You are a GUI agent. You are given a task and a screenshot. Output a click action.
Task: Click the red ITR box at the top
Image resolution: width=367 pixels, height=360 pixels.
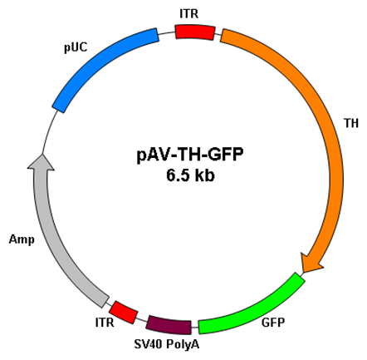pyautogui.click(x=195, y=32)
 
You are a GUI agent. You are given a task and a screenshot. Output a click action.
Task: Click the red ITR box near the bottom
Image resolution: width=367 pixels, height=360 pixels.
pyautogui.click(x=124, y=313)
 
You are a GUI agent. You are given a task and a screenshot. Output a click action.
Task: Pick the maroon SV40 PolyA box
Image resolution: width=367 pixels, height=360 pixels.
pyautogui.click(x=169, y=324)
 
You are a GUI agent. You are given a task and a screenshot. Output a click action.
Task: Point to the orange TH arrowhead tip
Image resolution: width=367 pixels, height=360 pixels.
pyautogui.click(x=303, y=273)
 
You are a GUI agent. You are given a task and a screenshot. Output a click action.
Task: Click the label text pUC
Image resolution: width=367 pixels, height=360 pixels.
pyautogui.click(x=76, y=47)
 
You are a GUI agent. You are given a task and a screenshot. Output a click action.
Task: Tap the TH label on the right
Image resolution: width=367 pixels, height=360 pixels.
pyautogui.click(x=351, y=123)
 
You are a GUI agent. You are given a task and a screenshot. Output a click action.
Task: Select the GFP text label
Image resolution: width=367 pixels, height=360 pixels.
pyautogui.click(x=273, y=323)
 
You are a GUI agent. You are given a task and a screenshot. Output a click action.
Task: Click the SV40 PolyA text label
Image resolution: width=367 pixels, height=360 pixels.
pyautogui.click(x=167, y=344)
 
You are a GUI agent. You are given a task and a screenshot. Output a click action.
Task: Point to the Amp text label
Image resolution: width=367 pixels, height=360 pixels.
pyautogui.click(x=22, y=239)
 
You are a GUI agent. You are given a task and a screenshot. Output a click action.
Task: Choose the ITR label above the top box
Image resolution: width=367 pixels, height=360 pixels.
pyautogui.click(x=189, y=14)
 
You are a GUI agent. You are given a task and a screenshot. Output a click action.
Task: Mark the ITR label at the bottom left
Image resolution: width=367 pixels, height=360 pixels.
pyautogui.click(x=105, y=323)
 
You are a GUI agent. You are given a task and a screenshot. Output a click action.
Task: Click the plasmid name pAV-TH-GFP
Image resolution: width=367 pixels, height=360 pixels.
pyautogui.click(x=190, y=155)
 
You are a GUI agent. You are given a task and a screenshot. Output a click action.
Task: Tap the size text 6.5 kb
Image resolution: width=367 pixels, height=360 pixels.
pyautogui.click(x=190, y=175)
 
